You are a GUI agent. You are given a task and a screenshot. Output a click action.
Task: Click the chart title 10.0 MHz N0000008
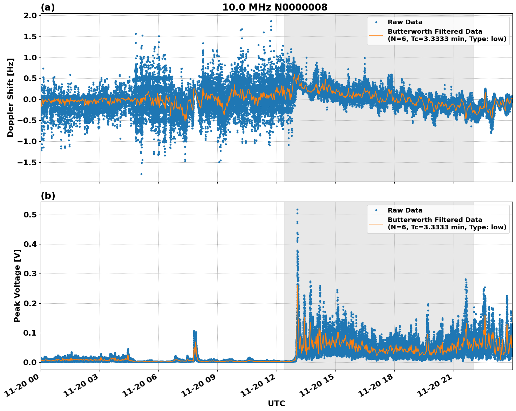click(275, 7)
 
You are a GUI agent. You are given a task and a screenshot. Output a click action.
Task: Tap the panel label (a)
click(48, 7)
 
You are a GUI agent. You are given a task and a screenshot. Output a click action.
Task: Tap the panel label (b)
click(48, 196)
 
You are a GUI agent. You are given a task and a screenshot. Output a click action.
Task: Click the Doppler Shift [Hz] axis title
click(11, 97)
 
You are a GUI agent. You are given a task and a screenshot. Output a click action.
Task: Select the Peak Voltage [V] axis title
click(17, 285)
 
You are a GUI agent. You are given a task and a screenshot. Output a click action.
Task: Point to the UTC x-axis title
click(276, 403)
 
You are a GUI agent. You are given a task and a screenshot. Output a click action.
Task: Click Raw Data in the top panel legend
click(405, 22)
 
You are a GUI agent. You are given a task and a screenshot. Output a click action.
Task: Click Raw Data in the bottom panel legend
click(405, 210)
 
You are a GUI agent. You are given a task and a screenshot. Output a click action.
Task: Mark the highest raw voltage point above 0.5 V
click(297, 209)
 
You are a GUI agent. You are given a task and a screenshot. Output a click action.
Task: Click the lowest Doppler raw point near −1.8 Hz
click(141, 174)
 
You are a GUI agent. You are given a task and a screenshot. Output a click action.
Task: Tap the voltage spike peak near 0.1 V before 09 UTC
click(195, 331)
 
